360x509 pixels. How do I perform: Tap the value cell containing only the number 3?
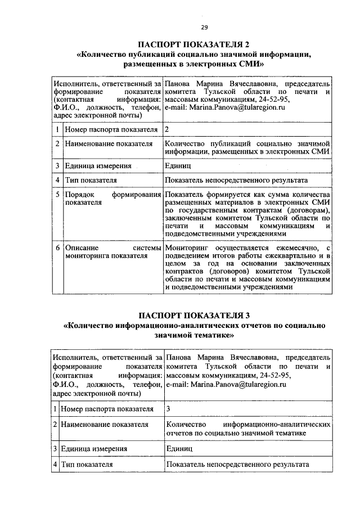tap(168, 408)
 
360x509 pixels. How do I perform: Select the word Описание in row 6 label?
tap(81, 247)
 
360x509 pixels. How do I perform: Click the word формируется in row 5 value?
tap(225, 195)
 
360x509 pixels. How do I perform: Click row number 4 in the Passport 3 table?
tap(56, 465)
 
